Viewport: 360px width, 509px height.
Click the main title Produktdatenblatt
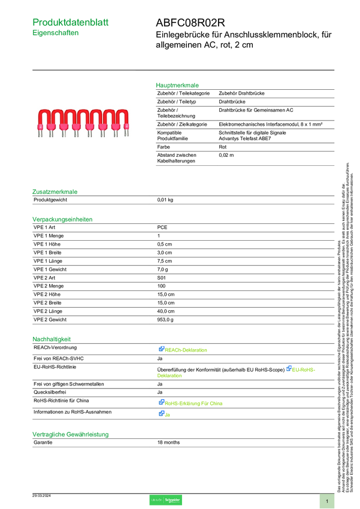71,22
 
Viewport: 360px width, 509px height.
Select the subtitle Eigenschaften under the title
56,34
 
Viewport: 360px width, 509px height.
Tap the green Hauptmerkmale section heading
177,86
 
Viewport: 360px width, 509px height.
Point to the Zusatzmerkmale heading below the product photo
55,192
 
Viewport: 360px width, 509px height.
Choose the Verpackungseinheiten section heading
62,219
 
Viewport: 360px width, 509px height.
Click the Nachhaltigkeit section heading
52,339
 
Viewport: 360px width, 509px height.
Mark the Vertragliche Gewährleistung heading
70,434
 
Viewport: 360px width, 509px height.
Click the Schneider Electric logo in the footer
165,500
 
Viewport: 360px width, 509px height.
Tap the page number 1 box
327,501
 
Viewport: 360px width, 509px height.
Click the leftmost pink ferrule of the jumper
40,126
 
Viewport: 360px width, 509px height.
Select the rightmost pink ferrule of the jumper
126,126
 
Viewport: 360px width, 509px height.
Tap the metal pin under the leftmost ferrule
40,134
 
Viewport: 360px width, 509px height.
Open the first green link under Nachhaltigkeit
186,350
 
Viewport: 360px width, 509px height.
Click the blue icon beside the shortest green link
161,414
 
